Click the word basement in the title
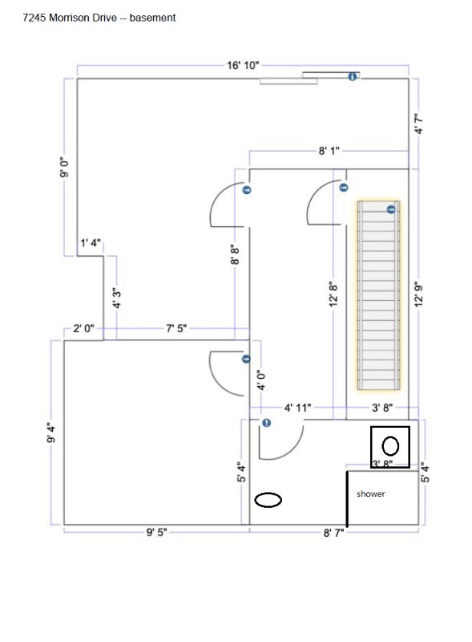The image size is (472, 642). pyautogui.click(x=152, y=18)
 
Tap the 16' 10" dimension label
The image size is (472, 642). pyautogui.click(x=243, y=65)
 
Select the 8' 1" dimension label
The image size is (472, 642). pyautogui.click(x=329, y=151)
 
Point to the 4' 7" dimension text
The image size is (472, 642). pyautogui.click(x=418, y=124)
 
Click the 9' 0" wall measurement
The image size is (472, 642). pyautogui.click(x=65, y=167)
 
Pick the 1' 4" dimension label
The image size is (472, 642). pyautogui.click(x=91, y=243)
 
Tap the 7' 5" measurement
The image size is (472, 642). pyautogui.click(x=176, y=328)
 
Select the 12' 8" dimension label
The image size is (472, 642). pyautogui.click(x=333, y=293)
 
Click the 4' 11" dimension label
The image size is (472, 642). pyautogui.click(x=298, y=408)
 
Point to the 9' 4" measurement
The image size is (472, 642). pyautogui.click(x=51, y=433)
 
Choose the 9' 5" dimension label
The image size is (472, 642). pyautogui.click(x=156, y=532)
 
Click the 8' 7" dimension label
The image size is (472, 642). pyautogui.click(x=333, y=533)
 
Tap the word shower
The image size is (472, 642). pyautogui.click(x=370, y=494)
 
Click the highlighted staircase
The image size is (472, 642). pyautogui.click(x=378, y=295)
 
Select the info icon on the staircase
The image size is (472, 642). pyautogui.click(x=391, y=209)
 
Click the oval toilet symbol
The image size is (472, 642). pyautogui.click(x=268, y=499)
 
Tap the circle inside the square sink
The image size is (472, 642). pyautogui.click(x=390, y=446)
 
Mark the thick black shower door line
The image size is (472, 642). pyautogui.click(x=347, y=499)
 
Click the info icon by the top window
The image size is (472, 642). pyautogui.click(x=352, y=76)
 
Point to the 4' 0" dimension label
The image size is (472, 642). pyautogui.click(x=262, y=380)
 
